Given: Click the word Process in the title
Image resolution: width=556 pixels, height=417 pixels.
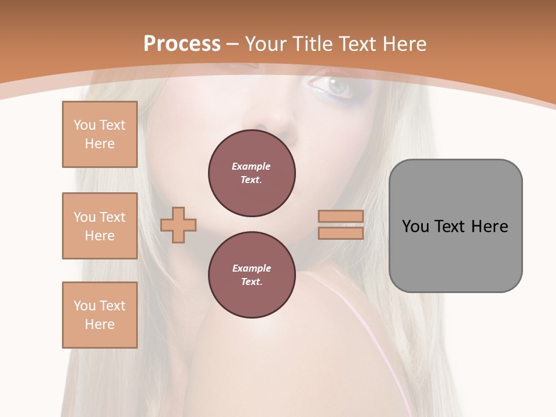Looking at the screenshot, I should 182,43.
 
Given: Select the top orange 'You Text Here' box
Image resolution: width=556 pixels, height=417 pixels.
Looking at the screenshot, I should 100,134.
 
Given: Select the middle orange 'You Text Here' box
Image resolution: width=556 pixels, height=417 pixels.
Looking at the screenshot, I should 100,226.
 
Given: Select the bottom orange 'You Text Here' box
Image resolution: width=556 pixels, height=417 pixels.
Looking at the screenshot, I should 100,315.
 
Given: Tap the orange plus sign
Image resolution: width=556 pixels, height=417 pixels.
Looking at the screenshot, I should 178,225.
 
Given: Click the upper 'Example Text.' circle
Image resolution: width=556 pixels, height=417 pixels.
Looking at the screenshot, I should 251,173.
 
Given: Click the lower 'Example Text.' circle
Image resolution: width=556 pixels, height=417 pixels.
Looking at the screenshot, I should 251,275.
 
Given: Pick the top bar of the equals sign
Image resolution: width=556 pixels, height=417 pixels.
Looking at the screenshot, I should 341,217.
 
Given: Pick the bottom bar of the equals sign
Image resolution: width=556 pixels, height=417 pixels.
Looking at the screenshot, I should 341,233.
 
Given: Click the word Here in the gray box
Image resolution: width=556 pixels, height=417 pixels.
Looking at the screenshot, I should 489,226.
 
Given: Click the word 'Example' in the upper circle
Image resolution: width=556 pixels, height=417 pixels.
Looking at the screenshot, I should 251,166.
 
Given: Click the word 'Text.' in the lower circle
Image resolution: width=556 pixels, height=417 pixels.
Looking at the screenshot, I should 251,282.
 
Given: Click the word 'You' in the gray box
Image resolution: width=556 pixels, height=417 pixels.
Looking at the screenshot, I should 415,226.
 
